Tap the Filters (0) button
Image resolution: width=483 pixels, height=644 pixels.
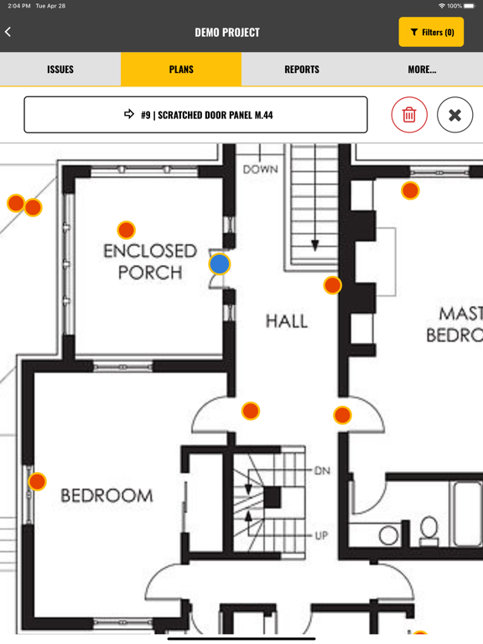pyautogui.click(x=431, y=32)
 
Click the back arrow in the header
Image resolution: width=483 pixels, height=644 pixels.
pyautogui.click(x=8, y=32)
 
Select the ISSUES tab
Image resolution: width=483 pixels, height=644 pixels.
pyautogui.click(x=60, y=69)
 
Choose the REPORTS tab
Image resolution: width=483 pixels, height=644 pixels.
pyautogui.click(x=302, y=69)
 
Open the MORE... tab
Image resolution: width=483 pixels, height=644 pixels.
pyautogui.click(x=423, y=69)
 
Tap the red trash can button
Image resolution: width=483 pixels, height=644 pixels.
pyautogui.click(x=409, y=115)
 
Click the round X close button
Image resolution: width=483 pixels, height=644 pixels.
pyautogui.click(x=454, y=115)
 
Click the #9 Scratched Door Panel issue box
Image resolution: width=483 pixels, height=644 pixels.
pyautogui.click(x=195, y=115)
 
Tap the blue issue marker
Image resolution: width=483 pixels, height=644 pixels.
pyautogui.click(x=220, y=263)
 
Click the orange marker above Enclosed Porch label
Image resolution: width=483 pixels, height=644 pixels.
pyautogui.click(x=126, y=230)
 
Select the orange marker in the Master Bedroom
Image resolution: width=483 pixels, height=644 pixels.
pyautogui.click(x=410, y=190)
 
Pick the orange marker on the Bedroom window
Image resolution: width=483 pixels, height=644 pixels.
pyautogui.click(x=37, y=481)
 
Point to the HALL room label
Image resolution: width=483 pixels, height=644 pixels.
pyautogui.click(x=287, y=321)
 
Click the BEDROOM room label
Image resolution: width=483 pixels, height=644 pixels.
pyautogui.click(x=106, y=496)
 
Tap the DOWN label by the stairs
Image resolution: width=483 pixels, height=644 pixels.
pyautogui.click(x=261, y=169)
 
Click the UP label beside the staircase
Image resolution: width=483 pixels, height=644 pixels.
pyautogui.click(x=321, y=536)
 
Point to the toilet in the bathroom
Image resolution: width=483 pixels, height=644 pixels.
pyautogui.click(x=429, y=531)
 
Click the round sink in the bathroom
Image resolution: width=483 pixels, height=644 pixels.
pyautogui.click(x=388, y=536)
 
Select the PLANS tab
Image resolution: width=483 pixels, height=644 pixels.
pyautogui.click(x=181, y=69)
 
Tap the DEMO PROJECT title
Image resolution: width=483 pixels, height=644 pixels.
pyautogui.click(x=227, y=33)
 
